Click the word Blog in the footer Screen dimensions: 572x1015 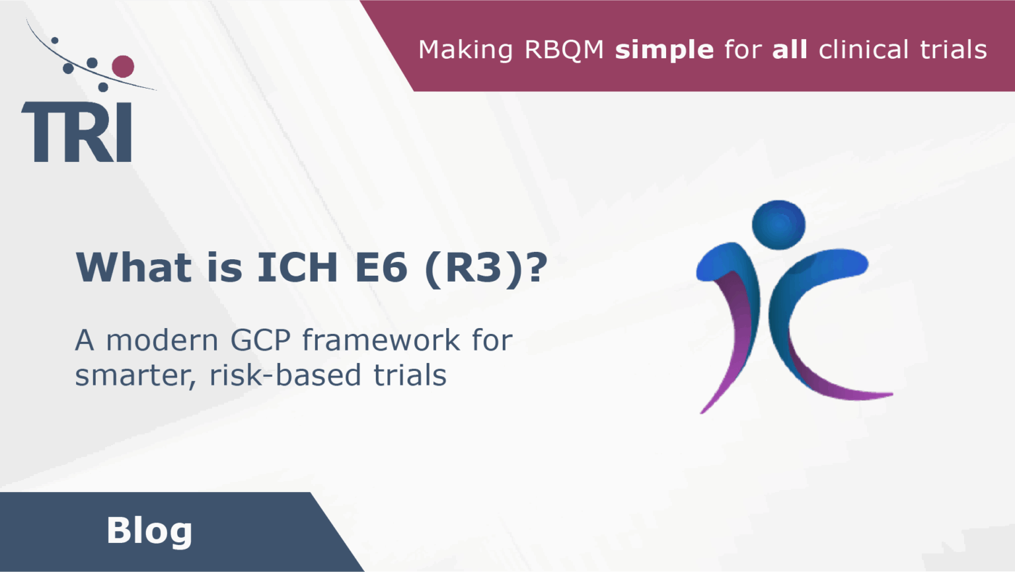(149, 530)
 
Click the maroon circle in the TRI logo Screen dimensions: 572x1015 (123, 66)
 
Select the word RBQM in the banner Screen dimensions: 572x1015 (564, 50)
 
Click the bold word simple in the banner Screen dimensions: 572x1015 (664, 50)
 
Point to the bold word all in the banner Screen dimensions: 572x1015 (790, 50)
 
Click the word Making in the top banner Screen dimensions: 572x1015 (466, 50)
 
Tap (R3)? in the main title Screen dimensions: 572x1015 (486, 267)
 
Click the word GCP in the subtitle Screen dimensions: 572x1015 (260, 341)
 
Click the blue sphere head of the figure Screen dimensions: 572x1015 (778, 225)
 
